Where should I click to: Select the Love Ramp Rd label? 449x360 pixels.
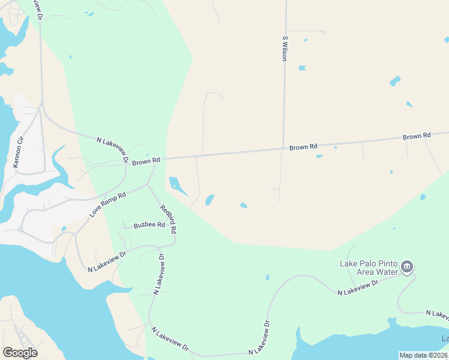[108, 205]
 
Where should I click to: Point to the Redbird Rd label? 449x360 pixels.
[168, 220]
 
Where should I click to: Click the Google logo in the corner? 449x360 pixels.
[20, 353]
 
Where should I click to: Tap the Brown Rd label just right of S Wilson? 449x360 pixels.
[303, 146]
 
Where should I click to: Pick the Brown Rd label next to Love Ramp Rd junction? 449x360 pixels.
[146, 161]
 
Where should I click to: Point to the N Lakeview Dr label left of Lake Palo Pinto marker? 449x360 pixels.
[357, 287]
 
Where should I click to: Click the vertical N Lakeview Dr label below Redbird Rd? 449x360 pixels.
[159, 274]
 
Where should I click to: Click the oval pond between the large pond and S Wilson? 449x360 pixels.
[209, 199]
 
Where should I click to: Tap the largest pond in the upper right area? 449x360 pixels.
[395, 80]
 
